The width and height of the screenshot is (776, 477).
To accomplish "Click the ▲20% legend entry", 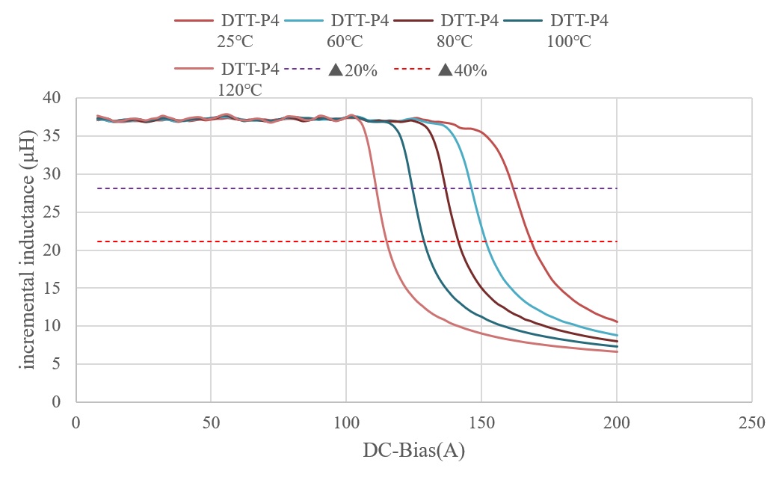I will pyautogui.click(x=352, y=71).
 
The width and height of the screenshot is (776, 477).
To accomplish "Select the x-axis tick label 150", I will pyautogui.click(x=481, y=422).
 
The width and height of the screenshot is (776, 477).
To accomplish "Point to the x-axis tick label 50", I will pyautogui.click(x=211, y=422).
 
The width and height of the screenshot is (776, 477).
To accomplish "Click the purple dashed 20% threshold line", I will pyautogui.click(x=224, y=188).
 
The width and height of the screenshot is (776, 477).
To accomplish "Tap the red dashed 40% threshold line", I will pyautogui.click(x=224, y=241).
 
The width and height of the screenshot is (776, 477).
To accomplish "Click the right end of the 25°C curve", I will pyautogui.click(x=617, y=321).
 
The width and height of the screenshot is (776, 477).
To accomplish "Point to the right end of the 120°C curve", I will pyautogui.click(x=617, y=351).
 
